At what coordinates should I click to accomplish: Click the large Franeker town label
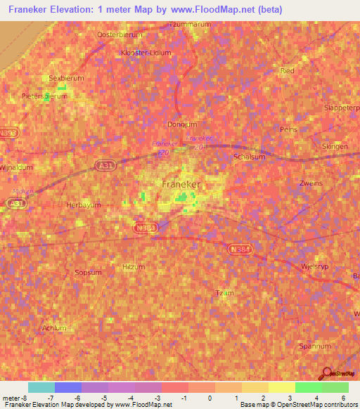(181, 184)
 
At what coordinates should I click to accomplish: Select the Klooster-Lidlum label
(146, 52)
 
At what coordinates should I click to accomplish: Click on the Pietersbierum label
(44, 96)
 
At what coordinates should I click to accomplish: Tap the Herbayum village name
(84, 204)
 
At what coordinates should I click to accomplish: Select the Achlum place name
(54, 327)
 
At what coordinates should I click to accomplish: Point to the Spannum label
(314, 346)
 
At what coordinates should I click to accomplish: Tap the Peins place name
(288, 130)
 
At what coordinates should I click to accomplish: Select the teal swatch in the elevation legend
(41, 387)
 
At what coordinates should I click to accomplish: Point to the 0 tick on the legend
(210, 398)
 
